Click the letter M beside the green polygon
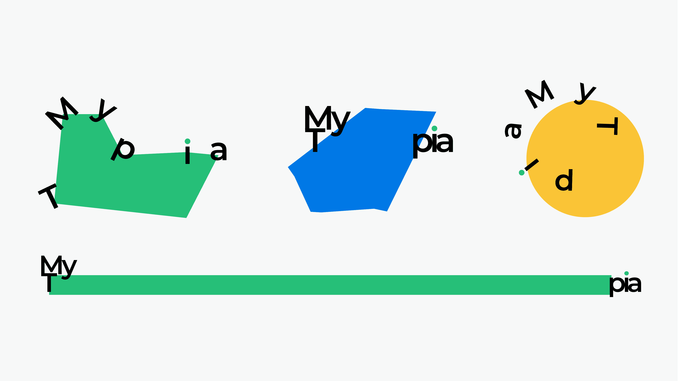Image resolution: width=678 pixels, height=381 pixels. pos(62,113)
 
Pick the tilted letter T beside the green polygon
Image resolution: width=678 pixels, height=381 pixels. pos(49,196)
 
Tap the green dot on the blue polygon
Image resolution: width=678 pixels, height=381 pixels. pos(435,128)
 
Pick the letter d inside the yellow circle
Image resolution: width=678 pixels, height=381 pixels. pos(564,180)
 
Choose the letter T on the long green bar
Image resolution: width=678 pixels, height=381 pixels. pos(49,283)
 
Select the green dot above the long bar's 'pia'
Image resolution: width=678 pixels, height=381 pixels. pos(626,273)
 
